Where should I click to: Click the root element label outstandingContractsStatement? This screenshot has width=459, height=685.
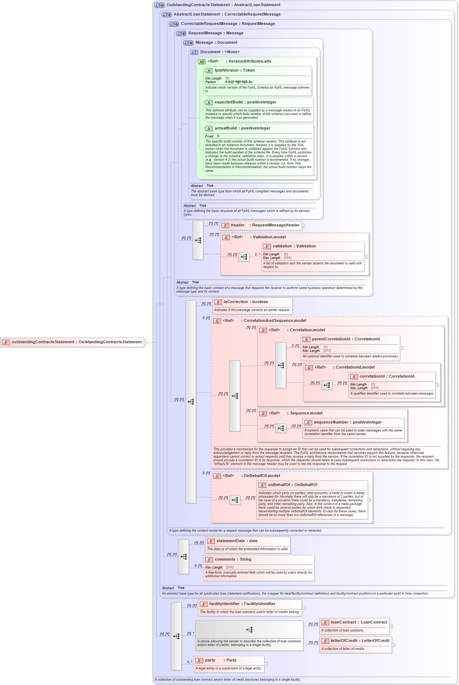pyautogui.click(x=76, y=342)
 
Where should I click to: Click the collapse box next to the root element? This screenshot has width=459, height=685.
pyautogui.click(x=146, y=342)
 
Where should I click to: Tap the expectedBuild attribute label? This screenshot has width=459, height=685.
pyautogui.click(x=245, y=102)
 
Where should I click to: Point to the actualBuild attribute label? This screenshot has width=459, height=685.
pyautogui.click(x=242, y=128)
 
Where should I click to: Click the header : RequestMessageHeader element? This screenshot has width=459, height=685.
pyautogui.click(x=265, y=225)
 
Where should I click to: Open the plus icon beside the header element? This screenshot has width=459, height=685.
pyautogui.click(x=304, y=226)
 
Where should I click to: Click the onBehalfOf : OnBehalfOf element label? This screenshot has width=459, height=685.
pyautogui.click(x=292, y=485)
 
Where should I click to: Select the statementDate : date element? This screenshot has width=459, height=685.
pyautogui.click(x=237, y=541)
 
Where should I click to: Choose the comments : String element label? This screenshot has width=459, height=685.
pyautogui.click(x=233, y=560)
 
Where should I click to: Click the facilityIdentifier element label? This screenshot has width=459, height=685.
pyautogui.click(x=242, y=604)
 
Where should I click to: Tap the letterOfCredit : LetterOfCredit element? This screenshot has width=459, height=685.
pyautogui.click(x=360, y=641)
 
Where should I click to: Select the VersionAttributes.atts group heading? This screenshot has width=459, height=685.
pyautogui.click(x=250, y=61)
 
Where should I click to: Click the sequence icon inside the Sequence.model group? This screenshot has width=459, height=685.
pyautogui.click(x=281, y=429)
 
